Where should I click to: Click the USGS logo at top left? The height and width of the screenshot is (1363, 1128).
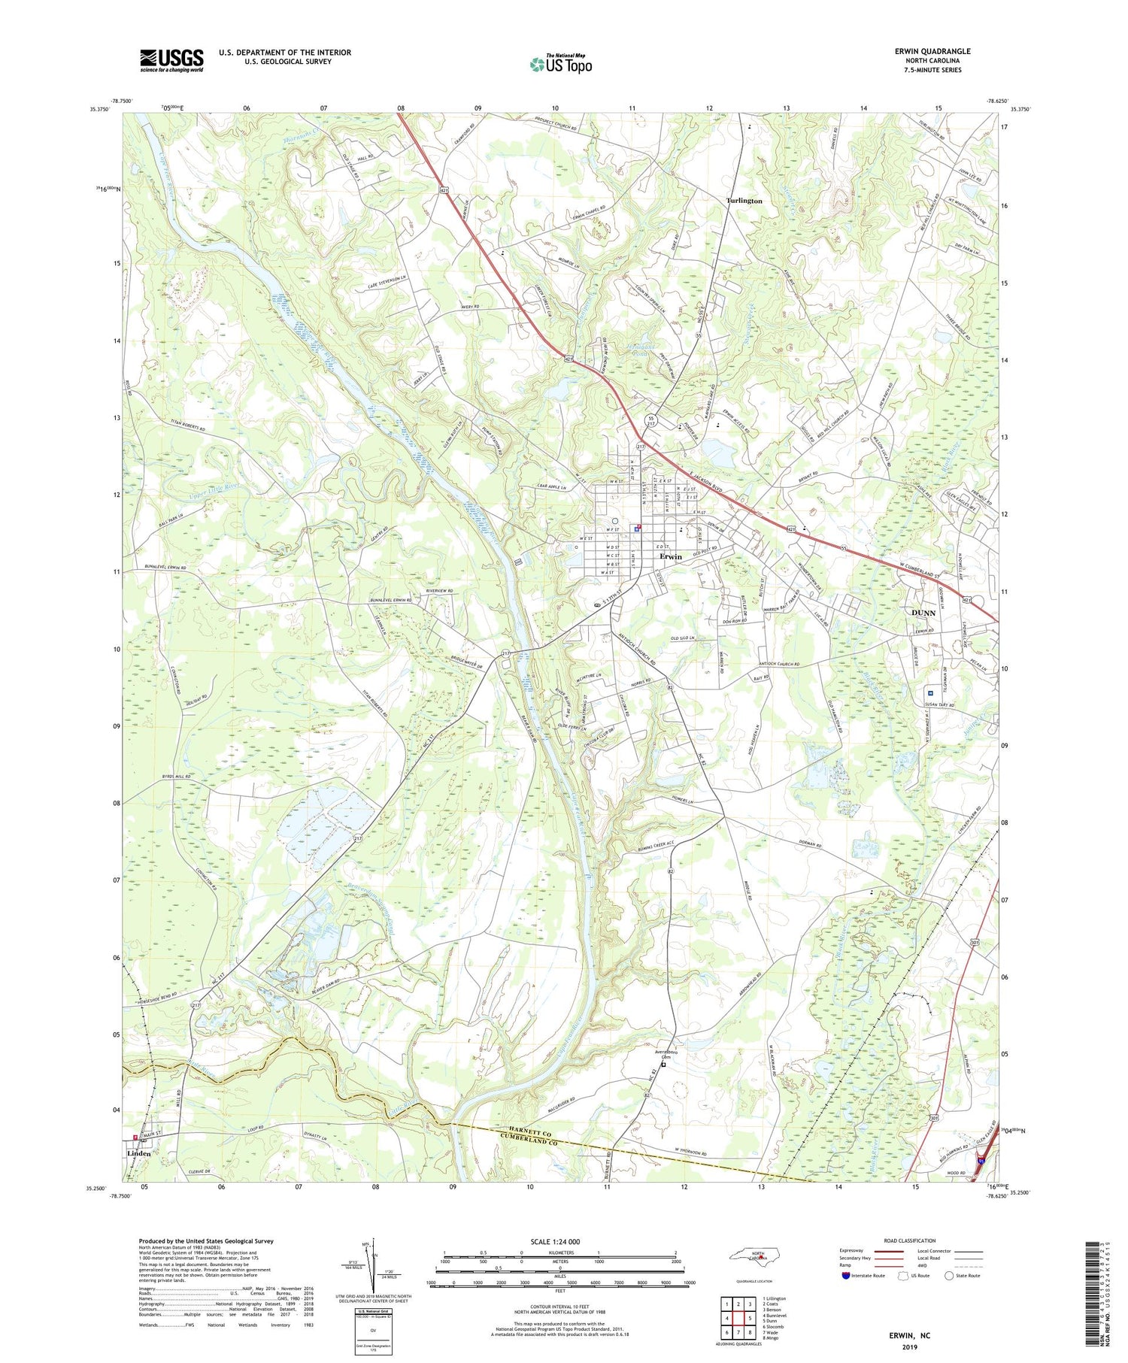click(x=171, y=60)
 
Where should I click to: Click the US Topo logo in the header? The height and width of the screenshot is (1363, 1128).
click(x=560, y=65)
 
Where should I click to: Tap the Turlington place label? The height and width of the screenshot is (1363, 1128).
click(x=744, y=201)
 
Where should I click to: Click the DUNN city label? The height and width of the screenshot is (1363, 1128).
click(x=923, y=613)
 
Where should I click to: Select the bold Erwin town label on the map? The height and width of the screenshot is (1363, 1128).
click(x=670, y=556)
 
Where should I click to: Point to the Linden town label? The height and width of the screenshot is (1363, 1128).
click(x=139, y=1153)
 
